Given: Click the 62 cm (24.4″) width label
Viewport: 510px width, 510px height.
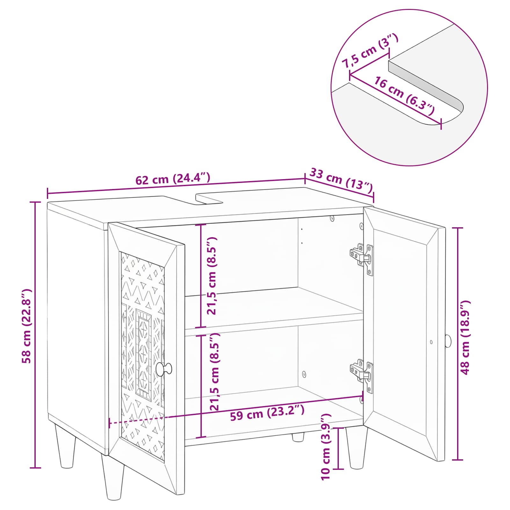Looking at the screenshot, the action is click(x=173, y=179).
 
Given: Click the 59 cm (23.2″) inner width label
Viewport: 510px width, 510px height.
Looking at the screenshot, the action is click(x=267, y=412).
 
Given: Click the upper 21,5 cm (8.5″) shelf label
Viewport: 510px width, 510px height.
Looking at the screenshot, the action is click(x=212, y=275).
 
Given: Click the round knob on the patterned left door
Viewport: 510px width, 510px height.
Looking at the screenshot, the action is click(x=164, y=369).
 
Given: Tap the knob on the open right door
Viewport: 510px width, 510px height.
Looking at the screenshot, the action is click(x=448, y=341).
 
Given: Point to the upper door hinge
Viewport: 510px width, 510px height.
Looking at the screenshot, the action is click(x=362, y=258).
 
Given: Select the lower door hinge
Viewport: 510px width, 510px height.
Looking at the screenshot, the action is click(x=362, y=375).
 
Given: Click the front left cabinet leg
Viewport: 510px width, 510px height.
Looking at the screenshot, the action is click(x=113, y=477).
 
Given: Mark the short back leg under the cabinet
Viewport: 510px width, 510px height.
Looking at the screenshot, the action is click(x=298, y=437).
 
